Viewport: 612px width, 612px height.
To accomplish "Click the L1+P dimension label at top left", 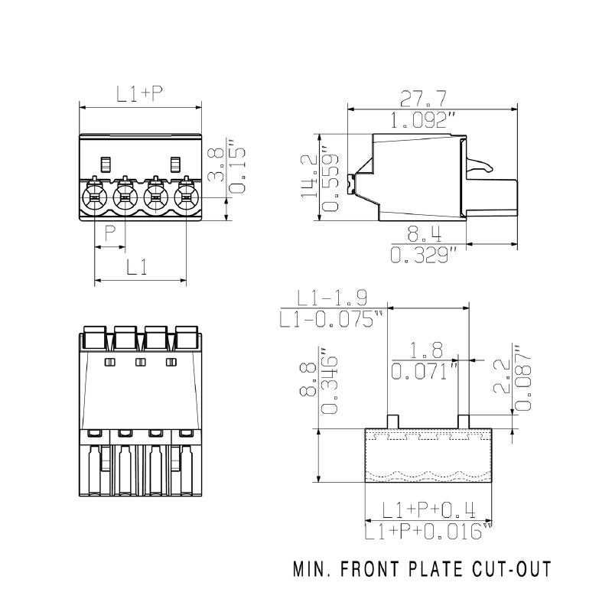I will [140, 94].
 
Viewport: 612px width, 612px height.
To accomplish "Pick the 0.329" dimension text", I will [423, 255].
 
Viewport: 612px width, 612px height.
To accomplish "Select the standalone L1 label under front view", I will [137, 267].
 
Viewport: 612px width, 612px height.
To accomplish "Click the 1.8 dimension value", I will [426, 350].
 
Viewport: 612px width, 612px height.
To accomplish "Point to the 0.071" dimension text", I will [425, 372].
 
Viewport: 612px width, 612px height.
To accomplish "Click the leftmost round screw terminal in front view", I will [93, 198].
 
